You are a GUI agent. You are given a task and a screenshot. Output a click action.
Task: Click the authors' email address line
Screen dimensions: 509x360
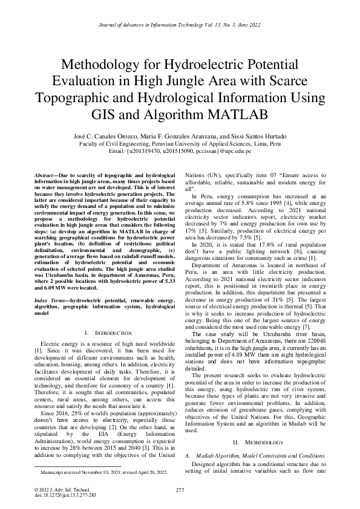pos(180,151)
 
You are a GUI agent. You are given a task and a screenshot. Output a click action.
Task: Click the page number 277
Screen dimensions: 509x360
pos(180,490)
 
